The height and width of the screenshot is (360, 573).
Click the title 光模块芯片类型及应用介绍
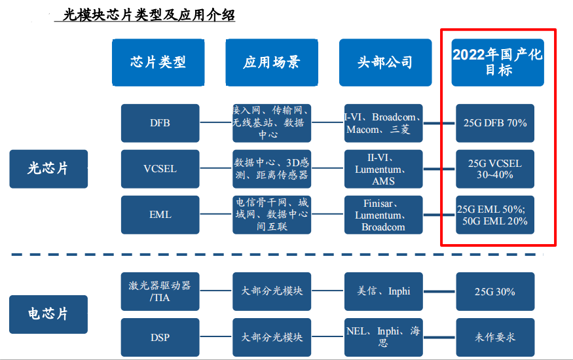149,15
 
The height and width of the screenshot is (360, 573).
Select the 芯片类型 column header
158,62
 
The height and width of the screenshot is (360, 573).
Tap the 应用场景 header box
272,62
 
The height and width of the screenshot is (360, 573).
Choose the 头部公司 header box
386,62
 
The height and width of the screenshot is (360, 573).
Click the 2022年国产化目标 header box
498,62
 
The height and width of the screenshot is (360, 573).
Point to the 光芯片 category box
48,169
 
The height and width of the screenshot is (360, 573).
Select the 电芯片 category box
48,314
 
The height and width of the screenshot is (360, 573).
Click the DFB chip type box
160,123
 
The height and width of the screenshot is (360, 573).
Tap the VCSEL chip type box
160,169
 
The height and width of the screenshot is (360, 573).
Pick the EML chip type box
160,215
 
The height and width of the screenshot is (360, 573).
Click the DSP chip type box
160,337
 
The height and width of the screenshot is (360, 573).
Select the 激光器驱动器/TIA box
160,291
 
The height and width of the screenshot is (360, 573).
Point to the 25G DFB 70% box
495,123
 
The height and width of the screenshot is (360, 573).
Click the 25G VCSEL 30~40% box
495,169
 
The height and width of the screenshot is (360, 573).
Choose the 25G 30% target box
495,291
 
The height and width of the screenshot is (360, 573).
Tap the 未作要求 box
495,337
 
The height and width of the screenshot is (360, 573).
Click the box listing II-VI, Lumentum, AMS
384,169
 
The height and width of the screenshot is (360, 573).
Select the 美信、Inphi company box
384,291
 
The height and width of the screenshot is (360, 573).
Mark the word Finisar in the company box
379,204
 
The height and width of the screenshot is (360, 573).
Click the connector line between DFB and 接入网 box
216,122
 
